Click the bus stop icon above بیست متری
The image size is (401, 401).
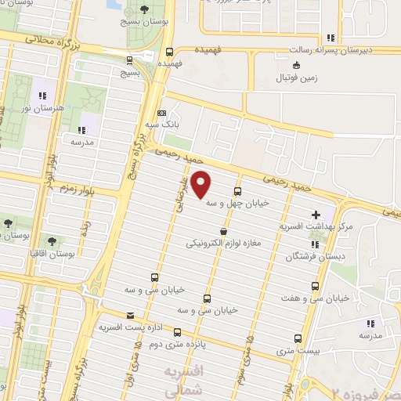[297, 338]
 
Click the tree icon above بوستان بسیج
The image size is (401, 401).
[143, 9]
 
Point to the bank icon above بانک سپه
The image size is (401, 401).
[162, 112]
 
